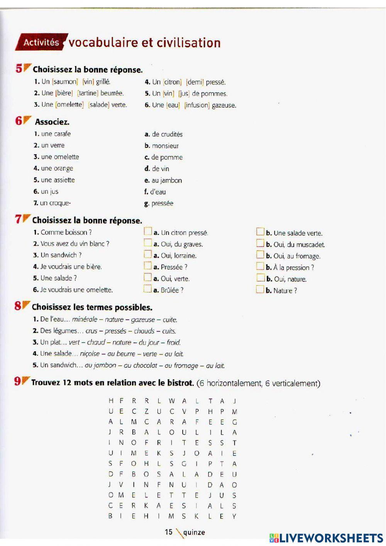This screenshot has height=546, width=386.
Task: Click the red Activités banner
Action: point(41,42)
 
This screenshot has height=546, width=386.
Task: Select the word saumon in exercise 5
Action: point(65,82)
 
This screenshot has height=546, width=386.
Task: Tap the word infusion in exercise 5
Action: point(197,105)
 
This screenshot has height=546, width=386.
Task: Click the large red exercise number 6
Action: point(19,121)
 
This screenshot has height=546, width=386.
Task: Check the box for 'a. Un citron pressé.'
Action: point(148,232)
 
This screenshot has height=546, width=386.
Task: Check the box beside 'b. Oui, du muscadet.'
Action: point(260,243)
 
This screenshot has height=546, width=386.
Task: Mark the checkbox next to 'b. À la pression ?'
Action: point(260,266)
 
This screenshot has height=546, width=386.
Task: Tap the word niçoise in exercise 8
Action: point(90,354)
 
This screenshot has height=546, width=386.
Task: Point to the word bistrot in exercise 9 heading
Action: point(180,383)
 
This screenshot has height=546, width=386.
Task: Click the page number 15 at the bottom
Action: point(169,532)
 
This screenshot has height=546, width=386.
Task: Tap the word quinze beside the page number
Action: point(194,532)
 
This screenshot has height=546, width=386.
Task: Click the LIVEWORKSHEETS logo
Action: point(326,538)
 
